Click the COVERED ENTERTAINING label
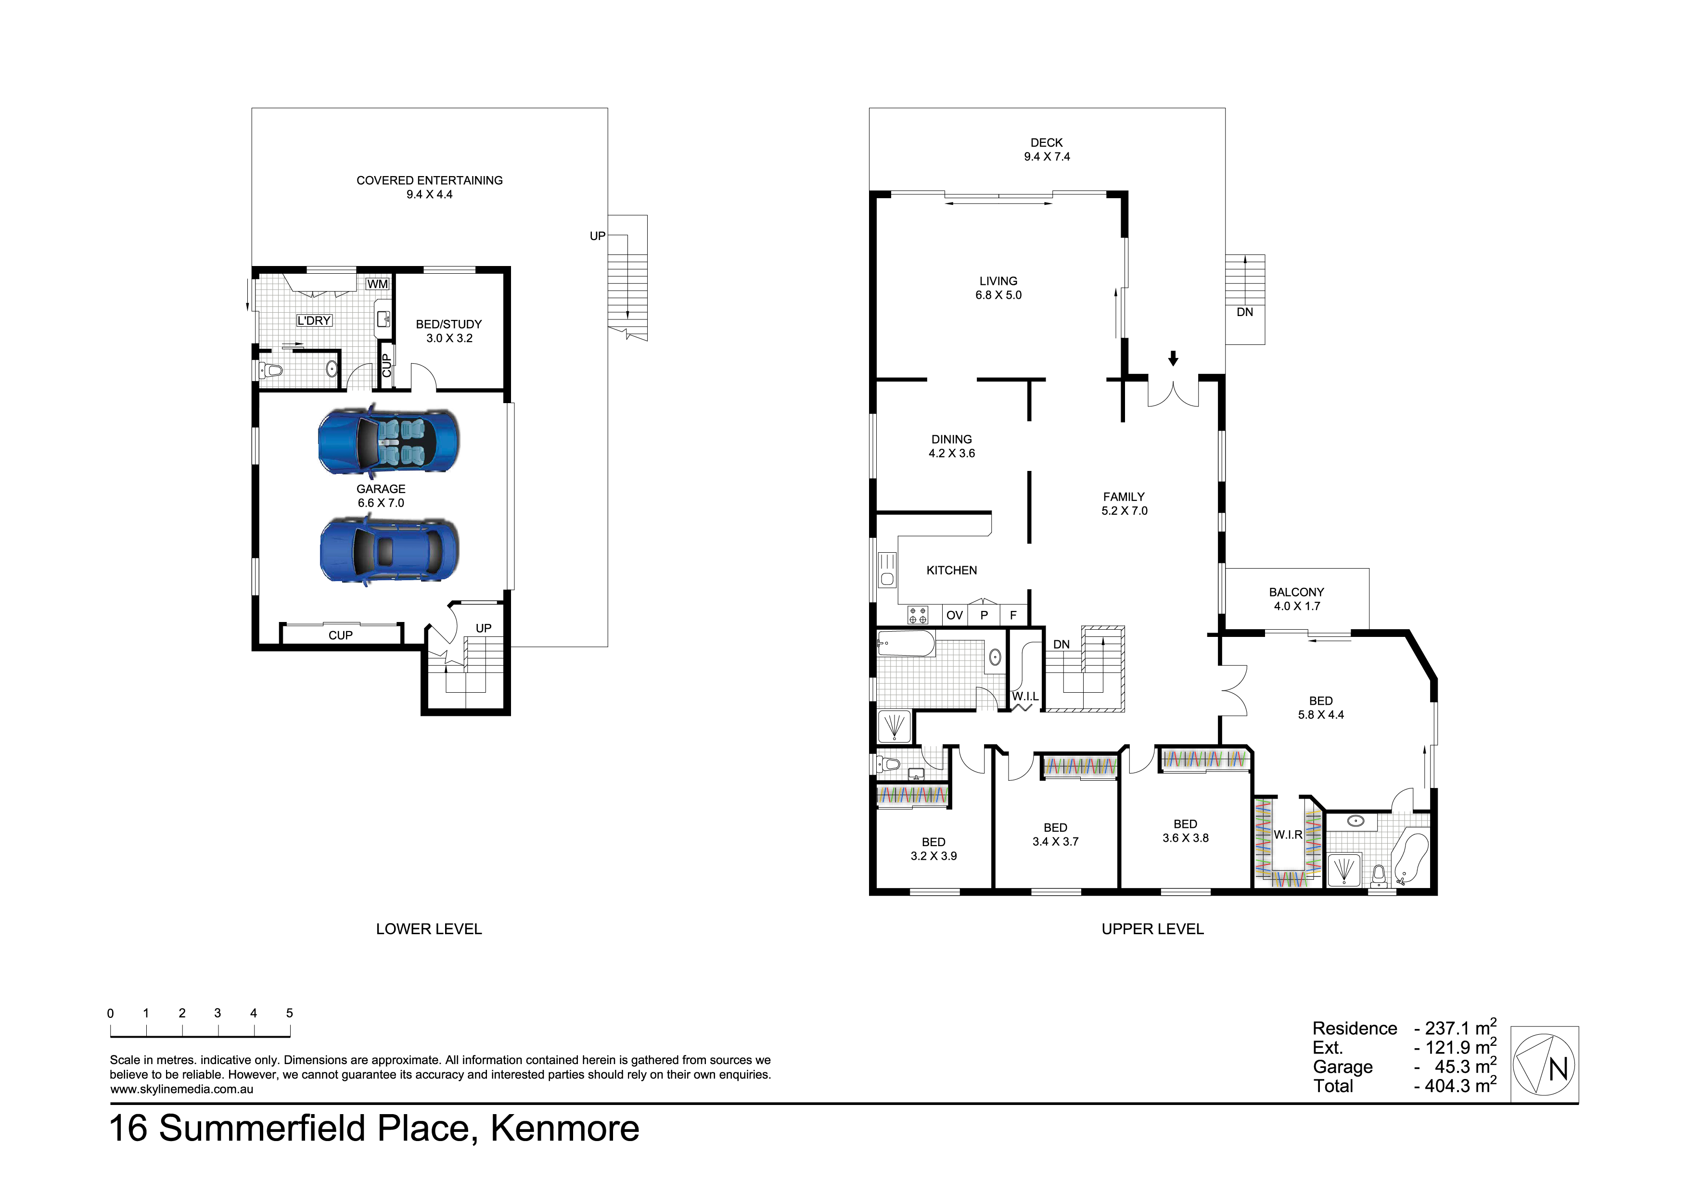429,180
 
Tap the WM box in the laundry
377,284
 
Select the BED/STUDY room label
448,324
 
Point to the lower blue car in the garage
389,551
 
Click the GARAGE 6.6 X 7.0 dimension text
381,503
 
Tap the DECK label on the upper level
1046,142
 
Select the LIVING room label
998,281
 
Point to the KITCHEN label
951,571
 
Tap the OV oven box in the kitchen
954,615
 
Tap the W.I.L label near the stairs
1025,696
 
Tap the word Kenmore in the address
564,1129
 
